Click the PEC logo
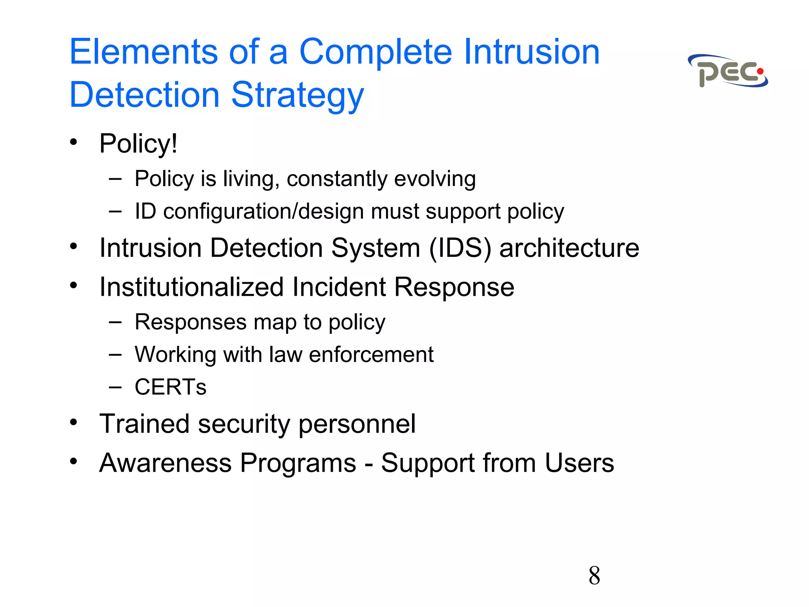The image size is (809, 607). (x=728, y=72)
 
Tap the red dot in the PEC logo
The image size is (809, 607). (x=760, y=72)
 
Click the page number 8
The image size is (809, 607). (x=594, y=575)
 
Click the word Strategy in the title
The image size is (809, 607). (x=297, y=95)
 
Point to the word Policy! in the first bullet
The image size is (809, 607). (x=138, y=143)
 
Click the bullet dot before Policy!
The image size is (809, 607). (x=73, y=141)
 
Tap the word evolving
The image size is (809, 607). (x=435, y=179)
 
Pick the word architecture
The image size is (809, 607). (x=569, y=248)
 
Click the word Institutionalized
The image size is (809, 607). (x=192, y=287)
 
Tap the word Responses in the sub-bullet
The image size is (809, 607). (x=190, y=322)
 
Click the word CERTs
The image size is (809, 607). (x=170, y=387)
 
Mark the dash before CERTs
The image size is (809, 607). (x=115, y=387)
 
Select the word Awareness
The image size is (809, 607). (x=165, y=463)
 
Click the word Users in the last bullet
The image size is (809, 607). (x=579, y=463)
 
